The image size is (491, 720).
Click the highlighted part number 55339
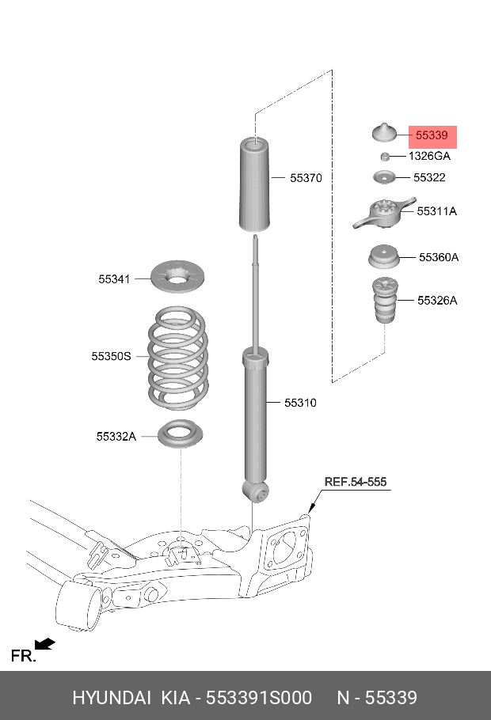(432, 136)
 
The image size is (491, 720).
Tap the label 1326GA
(429, 157)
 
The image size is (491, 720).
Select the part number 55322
(429, 178)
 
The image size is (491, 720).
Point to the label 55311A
(437, 212)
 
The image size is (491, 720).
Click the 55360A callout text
(439, 257)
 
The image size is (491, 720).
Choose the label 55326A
(437, 301)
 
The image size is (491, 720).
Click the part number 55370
(305, 179)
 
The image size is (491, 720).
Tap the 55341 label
(114, 279)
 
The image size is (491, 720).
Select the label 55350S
(110, 357)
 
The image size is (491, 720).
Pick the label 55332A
(116, 436)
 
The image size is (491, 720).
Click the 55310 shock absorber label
(300, 403)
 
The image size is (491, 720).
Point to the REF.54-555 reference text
(356, 482)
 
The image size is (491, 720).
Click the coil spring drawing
(178, 357)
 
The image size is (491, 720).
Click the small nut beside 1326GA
(383, 156)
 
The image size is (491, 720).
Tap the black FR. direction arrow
(45, 645)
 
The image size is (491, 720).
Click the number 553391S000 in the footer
(259, 697)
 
